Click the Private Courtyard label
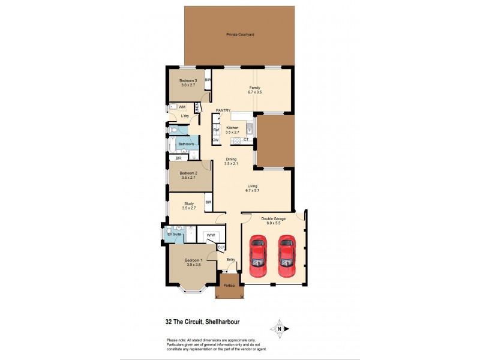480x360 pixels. pos(240,35)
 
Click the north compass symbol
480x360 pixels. pos(279,328)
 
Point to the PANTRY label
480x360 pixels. pos(224,110)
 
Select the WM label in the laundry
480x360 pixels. pos(182,107)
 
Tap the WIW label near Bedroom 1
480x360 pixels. pos(211,235)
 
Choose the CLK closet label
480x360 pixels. pos(221,247)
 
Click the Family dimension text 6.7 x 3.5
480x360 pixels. pos(256,92)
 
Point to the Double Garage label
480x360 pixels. pos(273,219)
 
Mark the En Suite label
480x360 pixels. pos(174,234)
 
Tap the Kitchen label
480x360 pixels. pos(233,128)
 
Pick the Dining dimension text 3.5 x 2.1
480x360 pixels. pos(232,163)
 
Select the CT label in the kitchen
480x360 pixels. pos(246,139)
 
